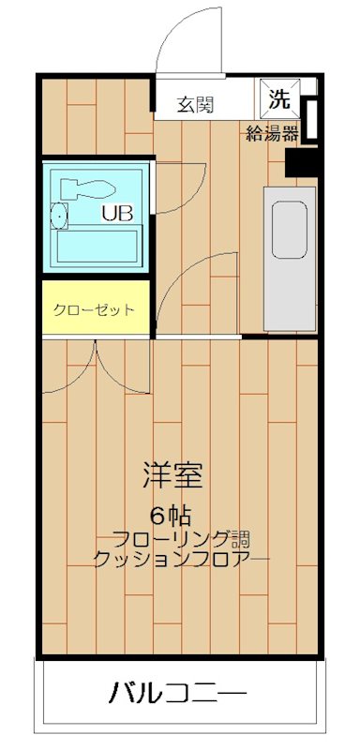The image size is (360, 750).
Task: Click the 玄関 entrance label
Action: pyautogui.click(x=196, y=104)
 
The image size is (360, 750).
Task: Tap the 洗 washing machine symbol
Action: pyautogui.click(x=280, y=97)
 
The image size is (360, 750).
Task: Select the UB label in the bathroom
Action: pyautogui.click(x=117, y=212)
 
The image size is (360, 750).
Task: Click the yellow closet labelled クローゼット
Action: pyautogui.click(x=94, y=308)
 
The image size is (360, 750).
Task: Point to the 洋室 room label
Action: pyautogui.click(x=173, y=475)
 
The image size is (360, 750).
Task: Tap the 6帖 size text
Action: pyautogui.click(x=173, y=515)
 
